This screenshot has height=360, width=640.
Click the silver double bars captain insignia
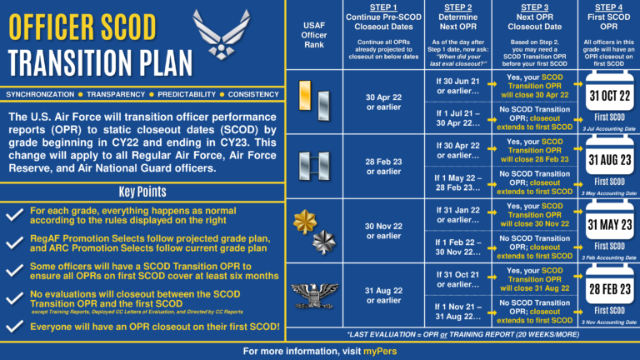tap(313, 162)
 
